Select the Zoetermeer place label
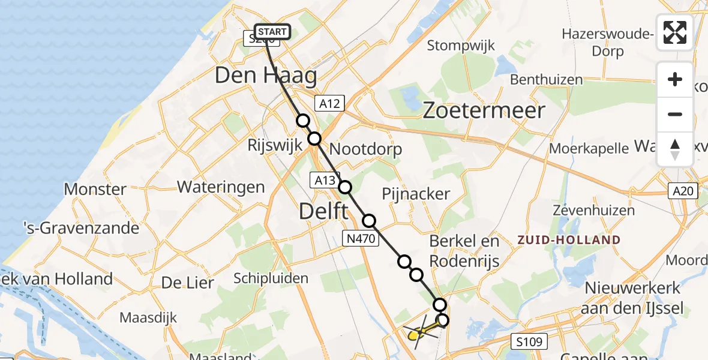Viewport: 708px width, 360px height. [x=484, y=110]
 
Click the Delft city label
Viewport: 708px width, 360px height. [x=323, y=211]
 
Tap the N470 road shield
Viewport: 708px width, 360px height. [x=361, y=239]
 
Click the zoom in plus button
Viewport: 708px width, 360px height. [x=675, y=79]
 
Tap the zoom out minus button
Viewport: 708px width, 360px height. [x=675, y=114]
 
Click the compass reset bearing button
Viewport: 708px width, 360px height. [x=675, y=149]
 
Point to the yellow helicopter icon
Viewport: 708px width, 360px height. [x=416, y=332]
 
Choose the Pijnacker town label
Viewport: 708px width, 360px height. [x=416, y=193]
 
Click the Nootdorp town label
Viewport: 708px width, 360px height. [x=365, y=149]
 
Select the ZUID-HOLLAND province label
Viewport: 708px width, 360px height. [x=569, y=240]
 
